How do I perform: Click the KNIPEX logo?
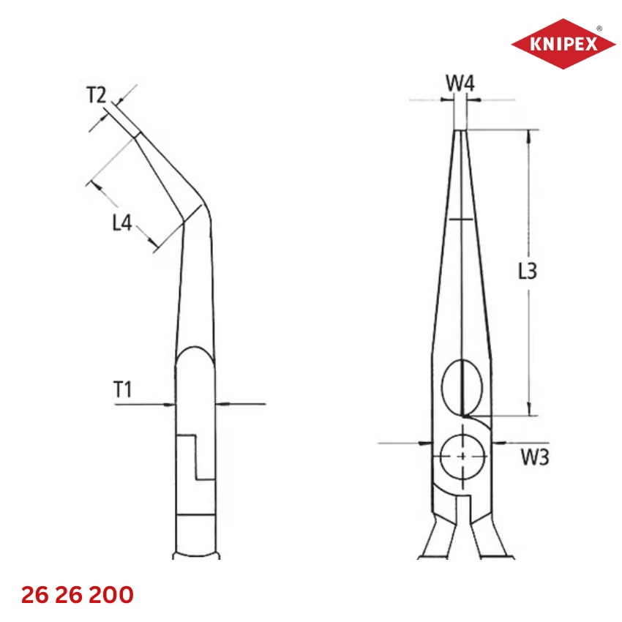[x=563, y=44]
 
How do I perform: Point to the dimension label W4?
[x=460, y=84]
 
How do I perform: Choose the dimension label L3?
[x=527, y=272]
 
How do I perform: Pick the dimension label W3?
[x=534, y=458]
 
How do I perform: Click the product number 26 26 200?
[x=78, y=595]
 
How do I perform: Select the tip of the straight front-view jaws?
[x=460, y=132]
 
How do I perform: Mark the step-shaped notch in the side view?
[x=196, y=458]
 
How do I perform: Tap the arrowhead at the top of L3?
[x=529, y=135]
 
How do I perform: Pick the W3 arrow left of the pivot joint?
[x=425, y=443]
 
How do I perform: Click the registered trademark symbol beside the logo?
[x=599, y=28]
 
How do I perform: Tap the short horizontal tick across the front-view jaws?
[x=462, y=219]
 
